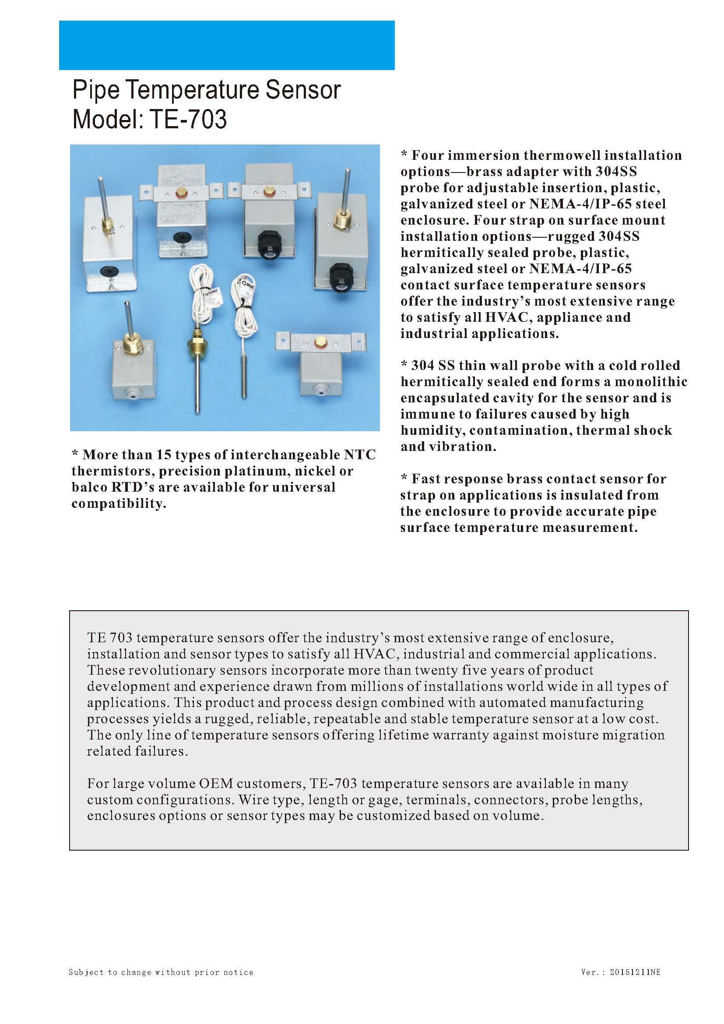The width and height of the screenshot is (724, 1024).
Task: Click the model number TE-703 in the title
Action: click(x=188, y=119)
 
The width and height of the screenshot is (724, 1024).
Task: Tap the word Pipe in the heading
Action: click(x=96, y=90)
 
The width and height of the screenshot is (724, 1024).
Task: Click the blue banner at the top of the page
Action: click(x=226, y=45)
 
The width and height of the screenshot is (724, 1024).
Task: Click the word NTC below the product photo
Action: click(x=360, y=454)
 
